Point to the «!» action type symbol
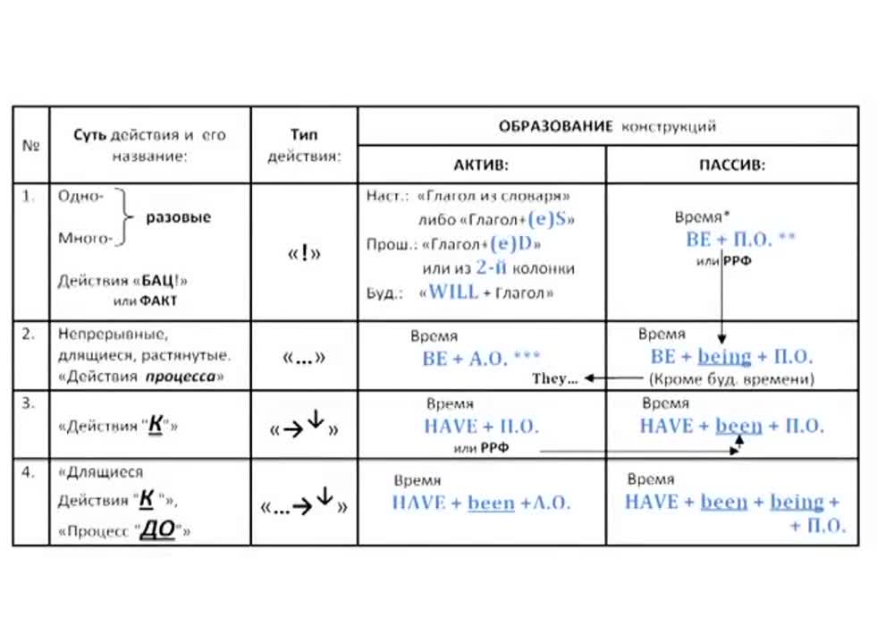coord(304,253)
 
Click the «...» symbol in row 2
coord(303,358)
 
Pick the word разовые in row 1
coord(179,217)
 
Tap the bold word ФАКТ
coord(157,301)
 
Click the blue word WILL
coord(454,292)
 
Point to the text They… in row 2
coord(555,379)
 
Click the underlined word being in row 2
coord(725,357)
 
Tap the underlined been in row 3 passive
coord(738,426)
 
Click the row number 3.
coord(28,403)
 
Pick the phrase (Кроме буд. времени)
coord(731,379)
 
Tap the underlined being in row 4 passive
coord(797,502)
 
